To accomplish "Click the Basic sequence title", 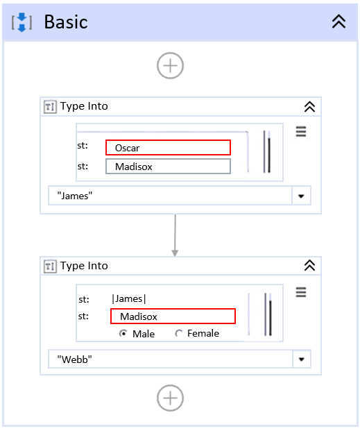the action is [x=66, y=22].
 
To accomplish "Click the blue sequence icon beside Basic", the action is [x=22, y=22].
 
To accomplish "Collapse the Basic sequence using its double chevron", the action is [x=338, y=22].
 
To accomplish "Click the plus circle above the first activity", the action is [x=170, y=66].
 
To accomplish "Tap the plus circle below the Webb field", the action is [x=170, y=398].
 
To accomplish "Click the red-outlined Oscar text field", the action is [x=168, y=148].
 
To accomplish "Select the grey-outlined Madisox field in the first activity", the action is [x=168, y=167].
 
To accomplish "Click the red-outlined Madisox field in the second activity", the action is [x=173, y=316].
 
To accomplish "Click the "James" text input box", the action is [x=170, y=196].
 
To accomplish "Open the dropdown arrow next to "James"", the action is [x=301, y=196].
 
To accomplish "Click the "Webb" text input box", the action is [x=170, y=359].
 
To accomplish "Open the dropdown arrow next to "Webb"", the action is [x=302, y=360].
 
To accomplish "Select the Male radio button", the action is [x=123, y=334].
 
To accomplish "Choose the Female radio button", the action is [x=179, y=334].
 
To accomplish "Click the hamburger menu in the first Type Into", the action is [x=301, y=131].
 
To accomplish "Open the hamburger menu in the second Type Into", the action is [x=301, y=292].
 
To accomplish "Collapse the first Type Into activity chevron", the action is [x=309, y=107].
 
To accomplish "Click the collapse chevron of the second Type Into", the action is [x=309, y=266].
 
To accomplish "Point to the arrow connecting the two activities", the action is [x=175, y=235].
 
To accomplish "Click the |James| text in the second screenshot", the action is [x=129, y=299].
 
